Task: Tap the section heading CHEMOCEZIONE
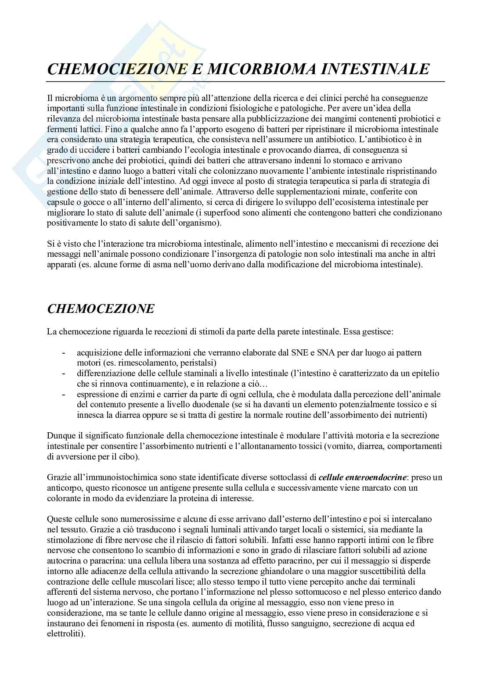100,309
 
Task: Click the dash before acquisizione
65,353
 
